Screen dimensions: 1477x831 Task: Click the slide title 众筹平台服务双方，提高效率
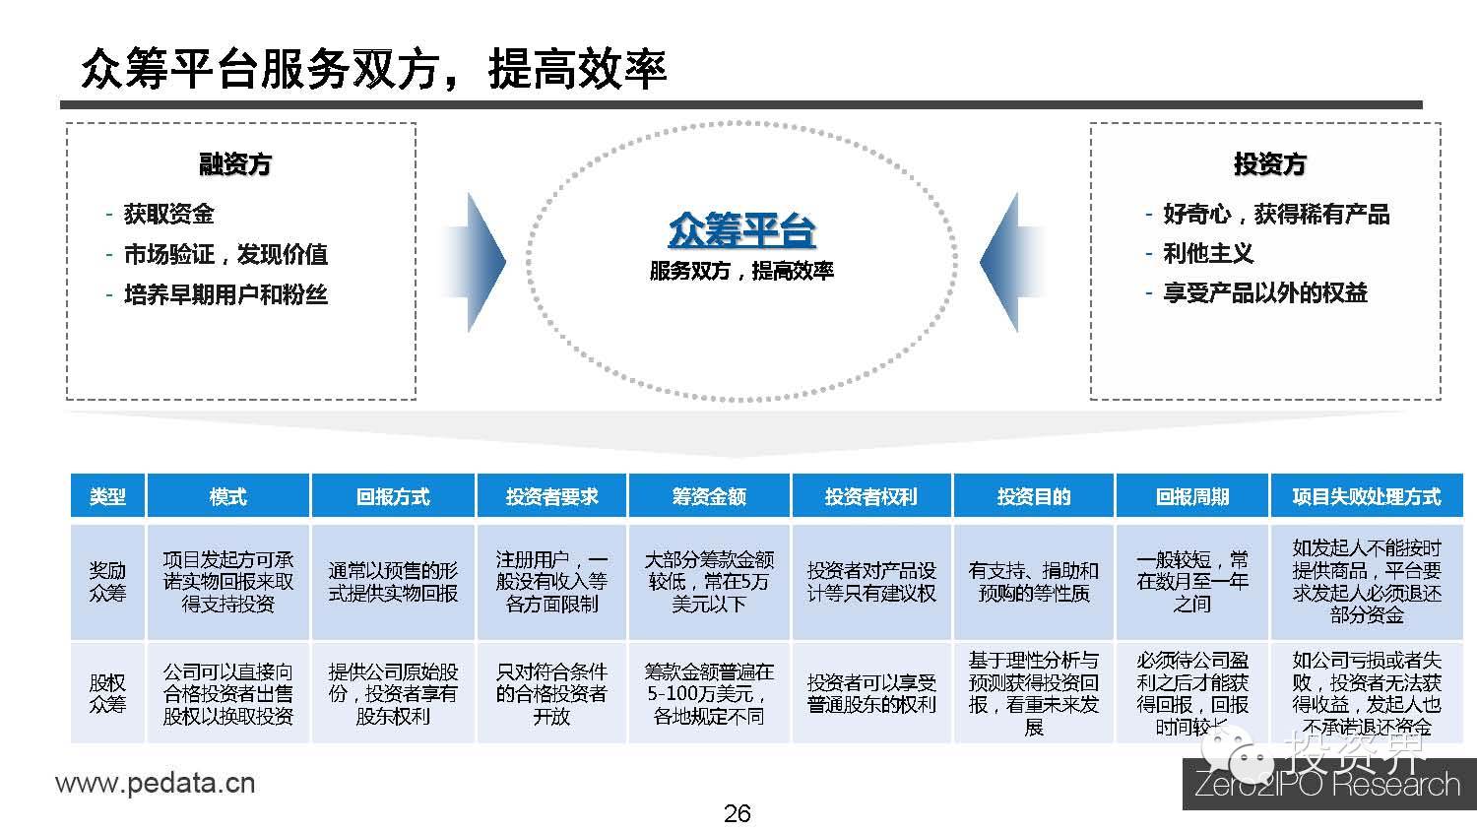(x=374, y=69)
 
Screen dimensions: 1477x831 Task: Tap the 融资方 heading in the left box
(x=235, y=164)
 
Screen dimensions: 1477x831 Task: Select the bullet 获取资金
(x=168, y=214)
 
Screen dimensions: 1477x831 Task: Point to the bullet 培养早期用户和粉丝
(x=225, y=294)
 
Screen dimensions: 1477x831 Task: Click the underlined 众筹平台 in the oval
(x=741, y=231)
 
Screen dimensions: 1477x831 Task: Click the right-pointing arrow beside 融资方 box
(x=477, y=262)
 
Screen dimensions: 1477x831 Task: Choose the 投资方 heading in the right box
(x=1269, y=164)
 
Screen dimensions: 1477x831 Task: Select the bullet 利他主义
(x=1208, y=254)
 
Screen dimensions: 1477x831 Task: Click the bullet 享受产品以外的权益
(x=1265, y=293)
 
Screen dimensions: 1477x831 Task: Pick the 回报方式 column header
(x=393, y=496)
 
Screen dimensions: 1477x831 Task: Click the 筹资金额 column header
(x=709, y=496)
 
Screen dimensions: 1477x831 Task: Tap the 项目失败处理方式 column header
(x=1366, y=496)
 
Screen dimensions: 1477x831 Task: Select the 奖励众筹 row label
(x=107, y=581)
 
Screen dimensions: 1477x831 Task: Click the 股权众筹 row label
(x=107, y=693)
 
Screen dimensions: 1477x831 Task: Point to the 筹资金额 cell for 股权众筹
(x=709, y=693)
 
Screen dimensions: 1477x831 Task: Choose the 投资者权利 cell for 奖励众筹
(x=871, y=581)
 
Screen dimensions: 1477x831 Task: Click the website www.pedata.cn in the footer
(x=156, y=784)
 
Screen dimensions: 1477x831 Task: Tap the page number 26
(x=737, y=813)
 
